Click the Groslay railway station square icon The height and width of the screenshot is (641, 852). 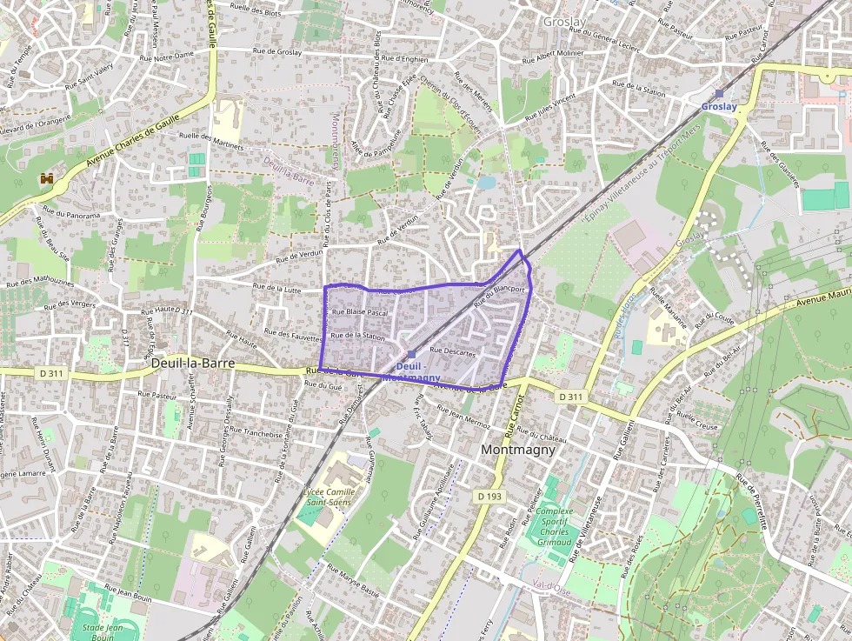click(x=719, y=93)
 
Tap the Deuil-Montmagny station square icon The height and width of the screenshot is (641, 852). click(x=410, y=354)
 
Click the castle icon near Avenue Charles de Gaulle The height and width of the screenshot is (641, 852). click(x=46, y=178)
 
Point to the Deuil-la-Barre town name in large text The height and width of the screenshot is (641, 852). click(x=193, y=363)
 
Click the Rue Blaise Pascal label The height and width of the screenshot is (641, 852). click(x=360, y=312)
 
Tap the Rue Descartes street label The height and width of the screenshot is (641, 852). click(x=452, y=352)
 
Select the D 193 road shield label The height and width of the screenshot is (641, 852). click(x=490, y=495)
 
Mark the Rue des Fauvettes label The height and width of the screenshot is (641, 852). click(x=293, y=334)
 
